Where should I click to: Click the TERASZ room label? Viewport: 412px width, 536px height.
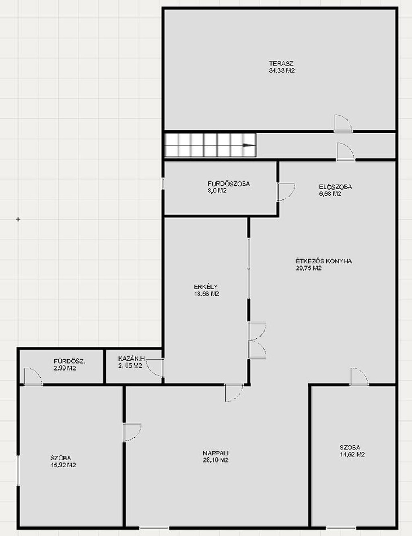pos(281,64)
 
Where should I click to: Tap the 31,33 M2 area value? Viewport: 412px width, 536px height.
pos(282,70)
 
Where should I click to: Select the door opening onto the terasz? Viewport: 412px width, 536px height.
pos(343,124)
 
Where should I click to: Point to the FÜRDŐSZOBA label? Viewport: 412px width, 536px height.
pos(229,184)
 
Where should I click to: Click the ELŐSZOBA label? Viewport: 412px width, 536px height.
pos(336,187)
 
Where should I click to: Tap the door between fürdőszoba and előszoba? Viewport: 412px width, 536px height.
pos(286,192)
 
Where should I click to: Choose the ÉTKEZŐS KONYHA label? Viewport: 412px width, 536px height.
pos(324,261)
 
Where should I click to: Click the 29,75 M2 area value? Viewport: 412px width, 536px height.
pos(309,268)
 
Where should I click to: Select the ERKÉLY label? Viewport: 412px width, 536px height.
pos(206,287)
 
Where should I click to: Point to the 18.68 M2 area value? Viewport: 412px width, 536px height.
pos(206,294)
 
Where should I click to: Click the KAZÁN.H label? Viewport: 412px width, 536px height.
pos(131,359)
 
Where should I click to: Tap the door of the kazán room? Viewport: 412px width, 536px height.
pos(155,368)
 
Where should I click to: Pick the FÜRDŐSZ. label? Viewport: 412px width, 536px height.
pos(70,362)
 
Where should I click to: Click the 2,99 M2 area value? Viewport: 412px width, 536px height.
pos(64,368)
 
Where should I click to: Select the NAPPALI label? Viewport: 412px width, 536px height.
pos(216,453)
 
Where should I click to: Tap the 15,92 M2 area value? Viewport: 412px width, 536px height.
pos(63,465)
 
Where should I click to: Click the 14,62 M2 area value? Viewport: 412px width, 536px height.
pos(352,454)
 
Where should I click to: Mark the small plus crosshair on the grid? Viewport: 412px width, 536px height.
pos(18,219)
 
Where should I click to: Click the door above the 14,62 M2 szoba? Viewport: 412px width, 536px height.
pos(360,377)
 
